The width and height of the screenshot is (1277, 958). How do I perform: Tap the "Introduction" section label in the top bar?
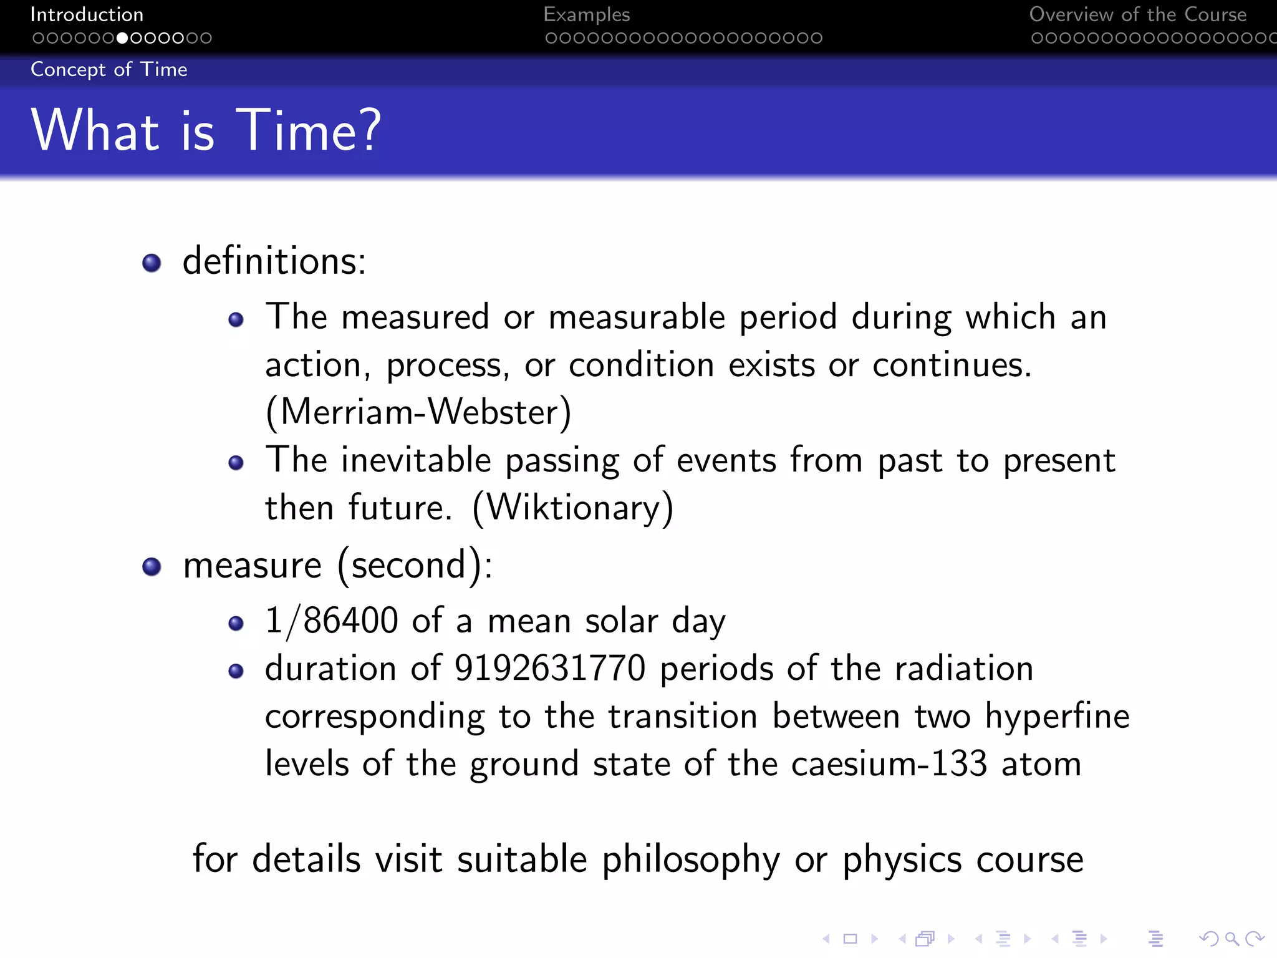click(x=87, y=14)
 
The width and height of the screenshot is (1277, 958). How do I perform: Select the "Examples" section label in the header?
click(x=586, y=14)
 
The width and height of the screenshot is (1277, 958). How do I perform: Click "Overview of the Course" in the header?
click(x=1137, y=14)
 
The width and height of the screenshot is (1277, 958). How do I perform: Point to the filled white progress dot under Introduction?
click(x=122, y=38)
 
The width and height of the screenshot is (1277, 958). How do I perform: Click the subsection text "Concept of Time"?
click(x=108, y=69)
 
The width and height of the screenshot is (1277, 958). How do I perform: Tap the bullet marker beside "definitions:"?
click(x=152, y=263)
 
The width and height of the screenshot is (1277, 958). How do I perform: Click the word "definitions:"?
click(x=274, y=261)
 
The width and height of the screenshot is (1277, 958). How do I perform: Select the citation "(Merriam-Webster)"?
click(x=418, y=412)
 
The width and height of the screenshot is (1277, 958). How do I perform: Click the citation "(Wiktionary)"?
click(x=572, y=508)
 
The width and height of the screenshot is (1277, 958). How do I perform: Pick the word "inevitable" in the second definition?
click(x=416, y=460)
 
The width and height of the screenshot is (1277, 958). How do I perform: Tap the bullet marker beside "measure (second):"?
click(x=152, y=566)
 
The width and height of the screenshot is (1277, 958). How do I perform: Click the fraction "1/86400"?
click(x=331, y=621)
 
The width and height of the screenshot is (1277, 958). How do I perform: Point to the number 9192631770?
click(x=549, y=669)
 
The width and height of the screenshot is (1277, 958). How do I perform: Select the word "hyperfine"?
click(x=1057, y=716)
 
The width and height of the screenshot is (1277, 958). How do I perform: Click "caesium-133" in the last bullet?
click(x=889, y=763)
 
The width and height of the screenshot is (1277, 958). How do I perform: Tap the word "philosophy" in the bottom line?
click(x=690, y=859)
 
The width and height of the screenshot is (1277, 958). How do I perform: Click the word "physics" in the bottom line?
click(x=902, y=859)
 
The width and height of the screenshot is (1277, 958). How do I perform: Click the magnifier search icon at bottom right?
click(x=1231, y=938)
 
